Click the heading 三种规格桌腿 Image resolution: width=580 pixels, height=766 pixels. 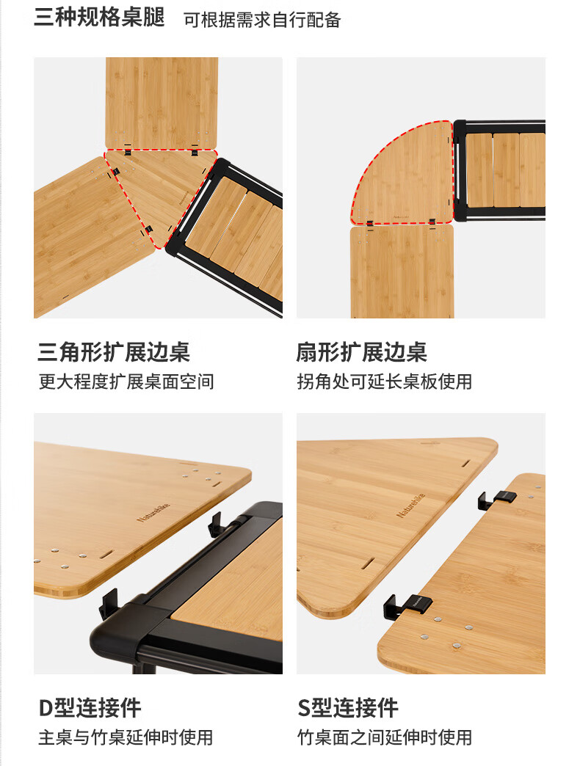tap(99, 18)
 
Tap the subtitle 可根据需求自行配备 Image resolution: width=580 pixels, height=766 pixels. tap(262, 20)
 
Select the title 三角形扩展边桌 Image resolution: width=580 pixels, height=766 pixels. tap(114, 352)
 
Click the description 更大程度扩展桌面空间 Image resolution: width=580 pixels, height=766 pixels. tap(126, 382)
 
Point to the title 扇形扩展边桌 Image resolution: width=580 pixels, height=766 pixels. tap(361, 352)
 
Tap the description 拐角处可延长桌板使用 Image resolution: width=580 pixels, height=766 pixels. tap(384, 382)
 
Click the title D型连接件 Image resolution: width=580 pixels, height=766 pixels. tap(90, 708)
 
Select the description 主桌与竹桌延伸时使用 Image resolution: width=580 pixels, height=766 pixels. tap(126, 737)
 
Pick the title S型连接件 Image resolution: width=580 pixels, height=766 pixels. tap(348, 708)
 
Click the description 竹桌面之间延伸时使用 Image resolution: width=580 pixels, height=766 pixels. tap(384, 737)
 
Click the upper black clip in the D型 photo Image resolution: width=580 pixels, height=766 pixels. tap(219, 523)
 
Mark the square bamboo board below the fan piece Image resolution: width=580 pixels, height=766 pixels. tap(402, 271)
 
